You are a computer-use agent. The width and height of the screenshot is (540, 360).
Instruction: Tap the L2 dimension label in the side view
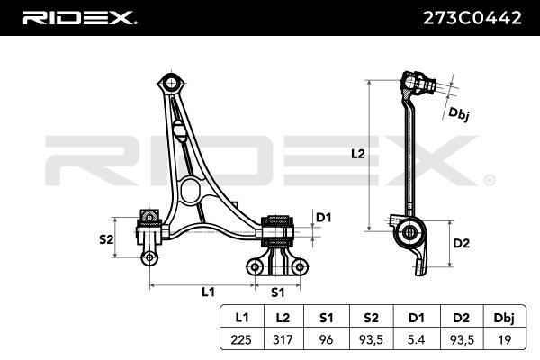[x=357, y=154]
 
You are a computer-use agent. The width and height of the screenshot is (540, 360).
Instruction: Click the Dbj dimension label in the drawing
[x=459, y=114]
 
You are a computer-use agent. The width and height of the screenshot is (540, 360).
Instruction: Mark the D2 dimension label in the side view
[x=461, y=243]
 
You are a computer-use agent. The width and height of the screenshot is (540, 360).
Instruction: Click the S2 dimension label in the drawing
[x=106, y=239]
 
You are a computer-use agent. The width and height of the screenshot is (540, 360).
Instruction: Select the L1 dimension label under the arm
[x=208, y=292]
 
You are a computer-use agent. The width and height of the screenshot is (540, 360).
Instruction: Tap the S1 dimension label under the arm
[x=277, y=292]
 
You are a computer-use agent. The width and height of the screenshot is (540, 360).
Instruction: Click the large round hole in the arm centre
[x=190, y=190]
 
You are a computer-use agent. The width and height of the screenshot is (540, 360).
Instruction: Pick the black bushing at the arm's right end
[x=277, y=233]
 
